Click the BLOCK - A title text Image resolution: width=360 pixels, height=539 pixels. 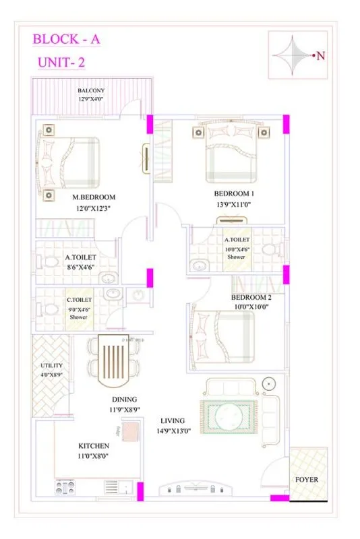pos(67,39)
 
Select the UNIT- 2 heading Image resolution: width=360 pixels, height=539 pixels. pos(61,64)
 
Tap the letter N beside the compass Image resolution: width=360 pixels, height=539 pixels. pos(320,56)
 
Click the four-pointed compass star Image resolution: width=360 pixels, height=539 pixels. pos(293,55)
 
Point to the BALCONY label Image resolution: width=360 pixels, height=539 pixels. pos(90,90)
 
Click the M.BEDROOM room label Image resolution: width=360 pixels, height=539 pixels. pos(94,197)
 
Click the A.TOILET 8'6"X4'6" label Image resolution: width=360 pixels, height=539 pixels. pos(81,262)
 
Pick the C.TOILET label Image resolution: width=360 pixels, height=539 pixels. pos(79,300)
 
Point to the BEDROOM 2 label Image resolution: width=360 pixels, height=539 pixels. pos(251,297)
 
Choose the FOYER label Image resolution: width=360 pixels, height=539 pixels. pos(307,480)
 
